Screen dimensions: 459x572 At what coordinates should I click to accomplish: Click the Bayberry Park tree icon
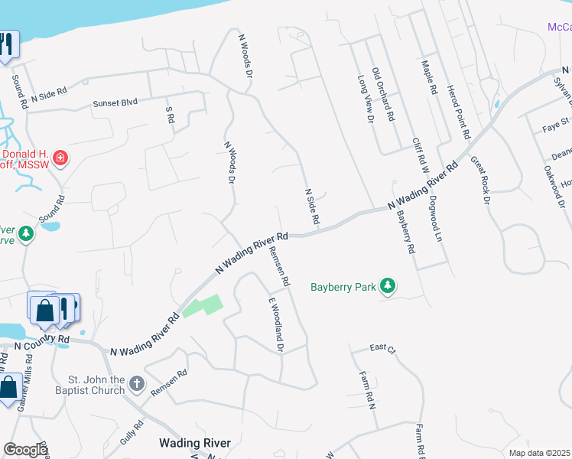(389, 287)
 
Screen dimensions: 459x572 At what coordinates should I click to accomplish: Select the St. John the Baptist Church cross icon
(136, 383)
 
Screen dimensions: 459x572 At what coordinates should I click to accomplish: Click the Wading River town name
(190, 443)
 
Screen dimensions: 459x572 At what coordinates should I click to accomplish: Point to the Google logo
(25, 450)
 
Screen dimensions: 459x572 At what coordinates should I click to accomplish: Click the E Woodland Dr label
(276, 325)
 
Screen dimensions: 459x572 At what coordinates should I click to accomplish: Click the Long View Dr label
(364, 99)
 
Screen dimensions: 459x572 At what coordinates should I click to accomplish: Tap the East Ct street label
(382, 348)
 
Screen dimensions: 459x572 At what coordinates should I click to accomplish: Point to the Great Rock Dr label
(479, 181)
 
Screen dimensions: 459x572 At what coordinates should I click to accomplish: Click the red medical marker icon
(60, 158)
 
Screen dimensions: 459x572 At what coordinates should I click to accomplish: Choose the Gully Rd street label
(132, 434)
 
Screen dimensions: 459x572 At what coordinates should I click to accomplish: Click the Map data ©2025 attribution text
(538, 453)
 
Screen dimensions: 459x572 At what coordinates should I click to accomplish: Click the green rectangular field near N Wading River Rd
(203, 306)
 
